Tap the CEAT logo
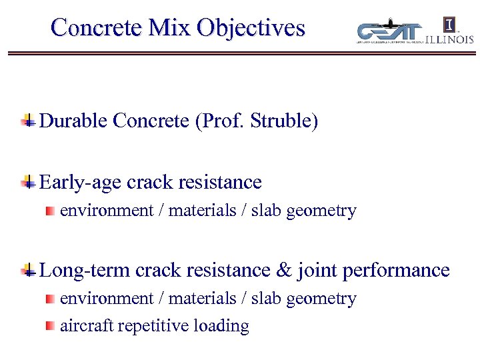point(391,31)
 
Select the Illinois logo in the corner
point(449,31)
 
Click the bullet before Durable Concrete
point(28,121)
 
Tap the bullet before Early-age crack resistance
point(28,182)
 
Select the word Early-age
point(81,182)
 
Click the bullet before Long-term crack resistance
point(28,271)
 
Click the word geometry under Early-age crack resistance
point(325,211)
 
